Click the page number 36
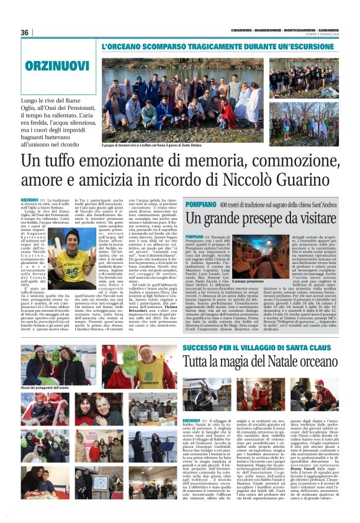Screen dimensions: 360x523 click(x=25, y=32)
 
